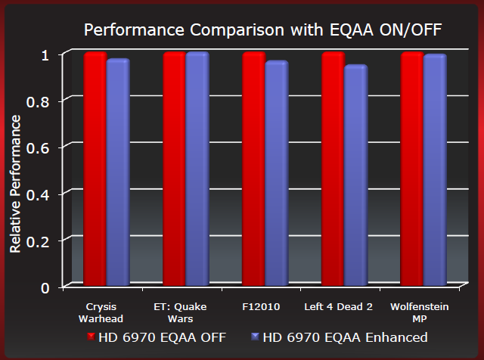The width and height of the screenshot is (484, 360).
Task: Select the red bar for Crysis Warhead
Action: [x=95, y=170]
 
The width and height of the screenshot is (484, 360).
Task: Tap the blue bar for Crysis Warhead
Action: [x=118, y=173]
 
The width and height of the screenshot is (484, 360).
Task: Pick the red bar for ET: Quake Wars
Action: [x=175, y=170]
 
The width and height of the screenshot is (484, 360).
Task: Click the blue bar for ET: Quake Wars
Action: [x=197, y=170]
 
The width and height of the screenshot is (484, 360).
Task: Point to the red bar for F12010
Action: [x=254, y=170]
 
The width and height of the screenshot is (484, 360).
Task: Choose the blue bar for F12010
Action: [x=277, y=175]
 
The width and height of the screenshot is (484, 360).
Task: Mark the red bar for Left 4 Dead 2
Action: [x=334, y=170]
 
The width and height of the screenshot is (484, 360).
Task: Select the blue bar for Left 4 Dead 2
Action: [x=355, y=177]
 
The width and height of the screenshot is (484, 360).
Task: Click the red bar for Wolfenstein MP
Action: [x=413, y=170]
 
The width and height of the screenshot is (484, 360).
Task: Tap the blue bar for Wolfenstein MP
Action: [x=435, y=172]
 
